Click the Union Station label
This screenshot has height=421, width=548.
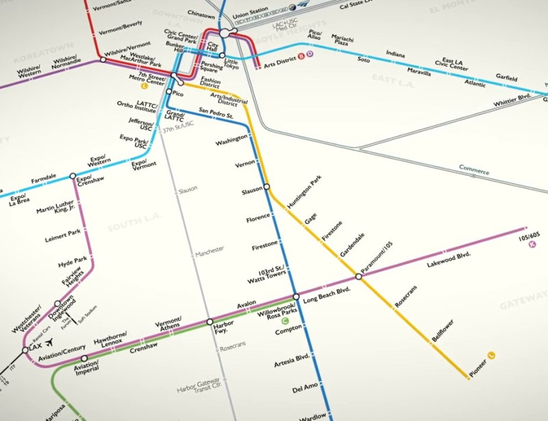tap(249, 16)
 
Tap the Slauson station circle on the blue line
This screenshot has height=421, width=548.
tap(266, 187)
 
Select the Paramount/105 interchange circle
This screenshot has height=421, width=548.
tap(358, 277)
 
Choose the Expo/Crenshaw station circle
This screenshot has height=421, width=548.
tap(73, 176)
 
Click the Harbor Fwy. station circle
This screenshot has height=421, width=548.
tap(210, 322)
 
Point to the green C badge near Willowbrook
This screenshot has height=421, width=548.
tap(286, 320)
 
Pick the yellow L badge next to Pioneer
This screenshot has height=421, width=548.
tap(491, 354)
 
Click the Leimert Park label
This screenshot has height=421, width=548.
tap(63, 233)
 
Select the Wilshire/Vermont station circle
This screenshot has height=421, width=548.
tap(103, 60)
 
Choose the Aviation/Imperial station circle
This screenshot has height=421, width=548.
tap(84, 358)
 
